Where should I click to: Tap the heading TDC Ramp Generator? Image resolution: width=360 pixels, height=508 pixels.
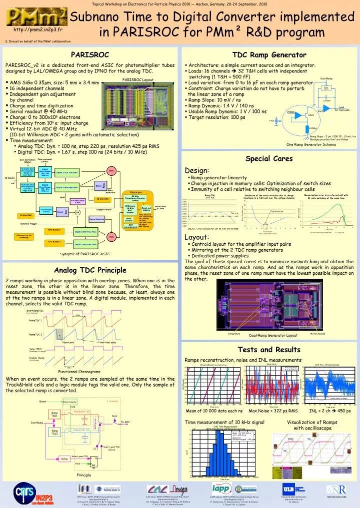tap(269, 54)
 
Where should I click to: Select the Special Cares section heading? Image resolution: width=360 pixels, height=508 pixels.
tap(269, 158)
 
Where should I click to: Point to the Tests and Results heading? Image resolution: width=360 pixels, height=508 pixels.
tap(269, 349)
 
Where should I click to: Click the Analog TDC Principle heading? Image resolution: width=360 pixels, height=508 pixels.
tap(90, 270)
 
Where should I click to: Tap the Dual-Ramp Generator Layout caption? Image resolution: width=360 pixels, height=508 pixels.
tap(273, 335)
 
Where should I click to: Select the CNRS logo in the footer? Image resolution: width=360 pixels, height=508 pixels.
tap(20, 494)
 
